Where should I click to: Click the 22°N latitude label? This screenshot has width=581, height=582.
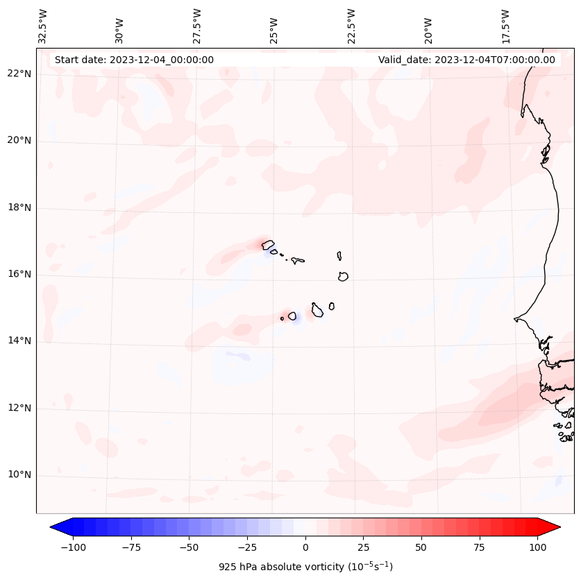(19, 74)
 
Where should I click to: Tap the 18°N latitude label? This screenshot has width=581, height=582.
(19, 208)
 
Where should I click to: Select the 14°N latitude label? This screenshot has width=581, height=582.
(19, 341)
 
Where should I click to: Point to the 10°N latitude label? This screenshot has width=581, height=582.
(19, 475)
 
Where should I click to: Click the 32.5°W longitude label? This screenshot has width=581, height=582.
(43, 26)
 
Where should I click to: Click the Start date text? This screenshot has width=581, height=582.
(134, 60)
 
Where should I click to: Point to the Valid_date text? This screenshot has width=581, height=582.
(466, 60)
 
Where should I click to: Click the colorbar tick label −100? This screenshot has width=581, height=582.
(73, 547)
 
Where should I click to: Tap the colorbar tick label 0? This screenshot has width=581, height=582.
(305, 547)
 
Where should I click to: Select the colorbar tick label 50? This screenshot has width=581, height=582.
(421, 547)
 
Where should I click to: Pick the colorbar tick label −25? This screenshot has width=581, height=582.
(246, 547)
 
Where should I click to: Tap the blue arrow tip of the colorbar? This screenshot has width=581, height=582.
(55, 527)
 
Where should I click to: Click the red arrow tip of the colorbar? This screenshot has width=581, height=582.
(556, 527)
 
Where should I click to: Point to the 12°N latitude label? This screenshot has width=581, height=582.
(19, 408)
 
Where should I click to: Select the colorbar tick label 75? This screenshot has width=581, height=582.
(479, 547)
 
